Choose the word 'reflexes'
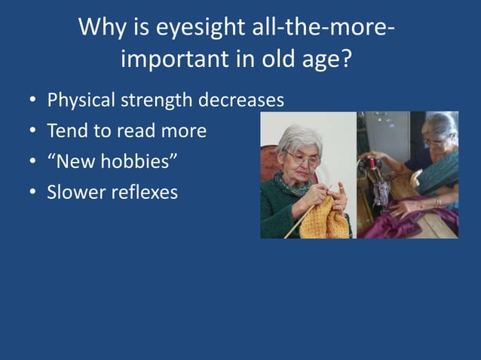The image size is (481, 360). coord(144,192)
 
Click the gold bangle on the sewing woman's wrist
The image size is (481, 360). coord(437,202)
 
